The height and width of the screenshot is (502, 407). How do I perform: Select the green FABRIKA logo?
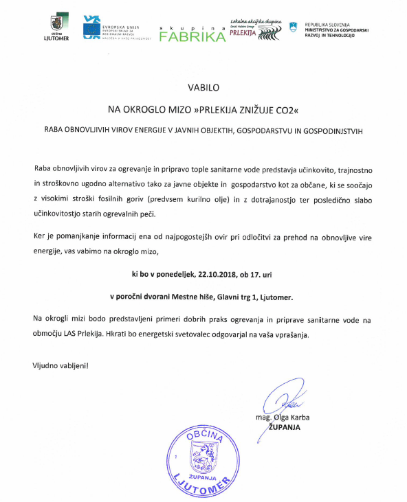click(x=192, y=35)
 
